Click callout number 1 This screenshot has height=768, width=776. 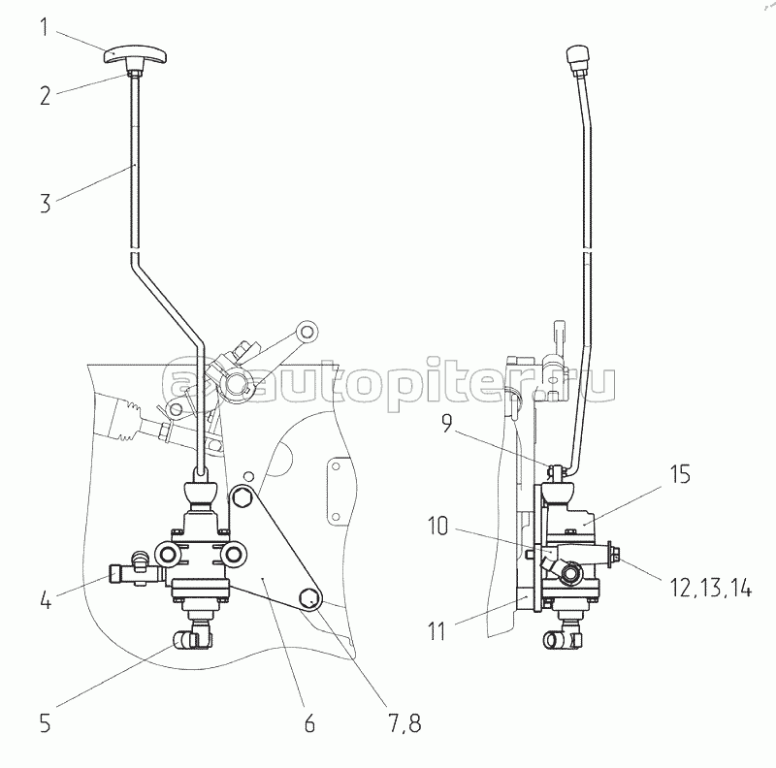(x=45, y=27)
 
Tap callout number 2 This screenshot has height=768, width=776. (x=46, y=95)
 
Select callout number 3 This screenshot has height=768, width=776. (x=46, y=204)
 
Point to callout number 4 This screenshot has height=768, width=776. (x=46, y=599)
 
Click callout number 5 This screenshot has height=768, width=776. (x=45, y=723)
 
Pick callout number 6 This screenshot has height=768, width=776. (x=309, y=723)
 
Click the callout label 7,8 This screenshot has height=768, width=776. (x=404, y=723)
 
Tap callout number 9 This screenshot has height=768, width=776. (x=446, y=423)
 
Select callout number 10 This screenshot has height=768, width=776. (x=437, y=526)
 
